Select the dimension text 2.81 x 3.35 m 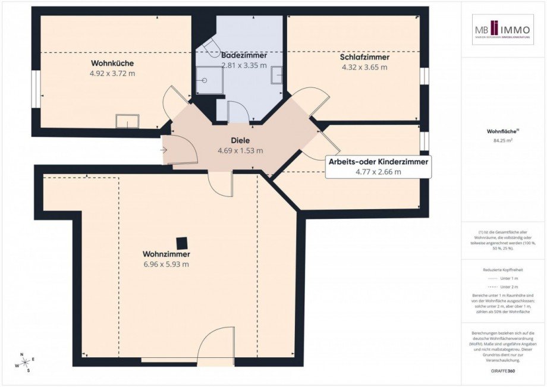244,65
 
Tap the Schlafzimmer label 364,58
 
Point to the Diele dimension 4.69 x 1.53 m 240,150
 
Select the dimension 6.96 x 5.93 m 166,265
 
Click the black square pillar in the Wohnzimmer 182,243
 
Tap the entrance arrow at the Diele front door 164,150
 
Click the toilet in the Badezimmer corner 211,49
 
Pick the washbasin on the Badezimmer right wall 278,75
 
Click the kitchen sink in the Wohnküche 127,121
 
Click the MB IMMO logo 503,30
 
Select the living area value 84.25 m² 503,141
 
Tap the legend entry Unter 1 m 503,278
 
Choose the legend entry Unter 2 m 503,287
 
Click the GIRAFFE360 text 503,371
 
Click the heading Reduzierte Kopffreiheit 503,269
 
